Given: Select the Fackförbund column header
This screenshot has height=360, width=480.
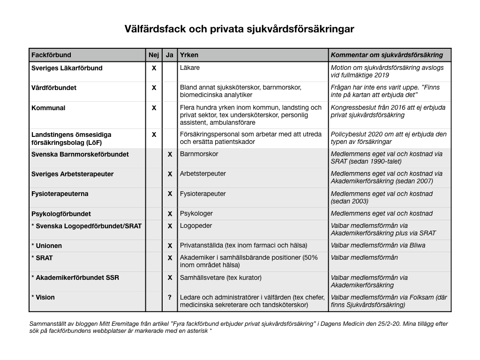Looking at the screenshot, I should coord(51,55).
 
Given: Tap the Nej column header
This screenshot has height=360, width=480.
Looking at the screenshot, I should coord(154,55).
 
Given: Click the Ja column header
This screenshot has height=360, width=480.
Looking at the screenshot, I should coord(170,55).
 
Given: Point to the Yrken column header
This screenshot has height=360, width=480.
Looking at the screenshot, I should coord(189,55).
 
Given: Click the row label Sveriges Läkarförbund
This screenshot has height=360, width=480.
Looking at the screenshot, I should coord(67,68).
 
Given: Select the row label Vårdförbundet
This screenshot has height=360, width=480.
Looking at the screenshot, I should coord(54,88).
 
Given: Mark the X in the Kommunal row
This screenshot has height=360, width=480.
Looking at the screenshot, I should coord(154,108).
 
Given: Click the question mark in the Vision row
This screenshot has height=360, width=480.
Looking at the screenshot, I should coord(170,297).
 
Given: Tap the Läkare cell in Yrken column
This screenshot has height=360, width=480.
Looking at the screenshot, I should coord(190,68).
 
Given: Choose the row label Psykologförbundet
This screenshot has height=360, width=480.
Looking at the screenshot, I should coord(61,214).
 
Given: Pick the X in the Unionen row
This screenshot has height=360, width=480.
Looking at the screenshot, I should coord(170,246).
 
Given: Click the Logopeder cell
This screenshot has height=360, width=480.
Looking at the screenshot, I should coord(196,226).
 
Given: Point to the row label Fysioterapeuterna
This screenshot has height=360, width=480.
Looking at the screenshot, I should coord(60,194).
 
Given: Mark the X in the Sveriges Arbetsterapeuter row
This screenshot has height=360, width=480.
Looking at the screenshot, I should coord(170,174).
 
